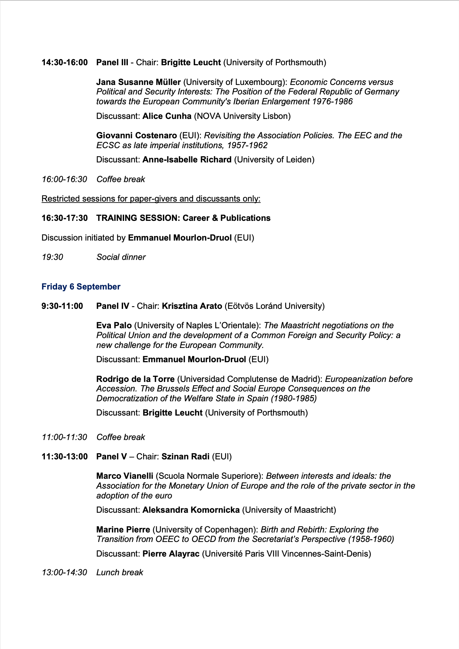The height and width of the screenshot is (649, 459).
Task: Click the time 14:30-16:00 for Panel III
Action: pos(65,63)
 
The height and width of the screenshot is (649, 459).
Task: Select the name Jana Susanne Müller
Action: pos(138,82)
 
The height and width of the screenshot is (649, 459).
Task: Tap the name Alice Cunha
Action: pos(167,116)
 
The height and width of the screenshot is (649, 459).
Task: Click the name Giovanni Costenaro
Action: pos(136,136)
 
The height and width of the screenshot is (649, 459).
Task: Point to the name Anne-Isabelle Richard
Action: pos(187,160)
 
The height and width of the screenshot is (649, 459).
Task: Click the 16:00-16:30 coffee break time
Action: pos(64,179)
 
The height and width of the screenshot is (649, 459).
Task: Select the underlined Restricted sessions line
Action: pos(151,199)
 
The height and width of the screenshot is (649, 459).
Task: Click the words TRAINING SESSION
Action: pos(138,218)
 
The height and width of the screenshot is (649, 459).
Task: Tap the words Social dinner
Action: pos(121,257)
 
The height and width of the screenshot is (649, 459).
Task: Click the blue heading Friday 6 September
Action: pos(81,287)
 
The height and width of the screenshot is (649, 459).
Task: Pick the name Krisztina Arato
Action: pos(192,306)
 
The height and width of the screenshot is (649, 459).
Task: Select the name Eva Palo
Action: pos(114,326)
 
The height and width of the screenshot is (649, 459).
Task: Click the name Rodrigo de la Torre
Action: pos(135,379)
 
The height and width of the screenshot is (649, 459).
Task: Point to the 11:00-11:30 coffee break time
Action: pos(64,437)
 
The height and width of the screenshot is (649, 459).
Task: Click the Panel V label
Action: pos(112,457)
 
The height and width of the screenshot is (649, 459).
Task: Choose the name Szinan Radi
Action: pos(185,457)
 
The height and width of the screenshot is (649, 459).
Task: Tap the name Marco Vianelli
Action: pos(125,476)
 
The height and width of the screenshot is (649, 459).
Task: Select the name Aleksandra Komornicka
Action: pos(191,510)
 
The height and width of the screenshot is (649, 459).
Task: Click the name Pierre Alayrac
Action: pos(171,554)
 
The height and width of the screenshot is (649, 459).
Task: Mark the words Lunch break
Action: pos(120,573)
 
